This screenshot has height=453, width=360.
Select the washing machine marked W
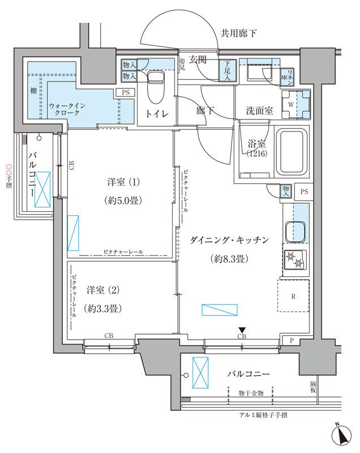click(297, 104)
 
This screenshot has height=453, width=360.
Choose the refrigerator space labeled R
click(293, 295)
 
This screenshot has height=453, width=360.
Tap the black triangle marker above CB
click(242, 330)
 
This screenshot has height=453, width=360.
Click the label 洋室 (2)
click(102, 290)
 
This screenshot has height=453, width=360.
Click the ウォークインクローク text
click(66, 109)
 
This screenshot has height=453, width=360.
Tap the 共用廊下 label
click(238, 33)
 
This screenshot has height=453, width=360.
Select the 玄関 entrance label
click(198, 59)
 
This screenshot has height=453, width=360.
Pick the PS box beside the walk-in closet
click(125, 92)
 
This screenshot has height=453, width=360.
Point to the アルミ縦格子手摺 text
click(263, 415)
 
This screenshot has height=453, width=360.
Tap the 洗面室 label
click(260, 111)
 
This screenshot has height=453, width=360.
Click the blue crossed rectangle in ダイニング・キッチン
click(220, 310)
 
